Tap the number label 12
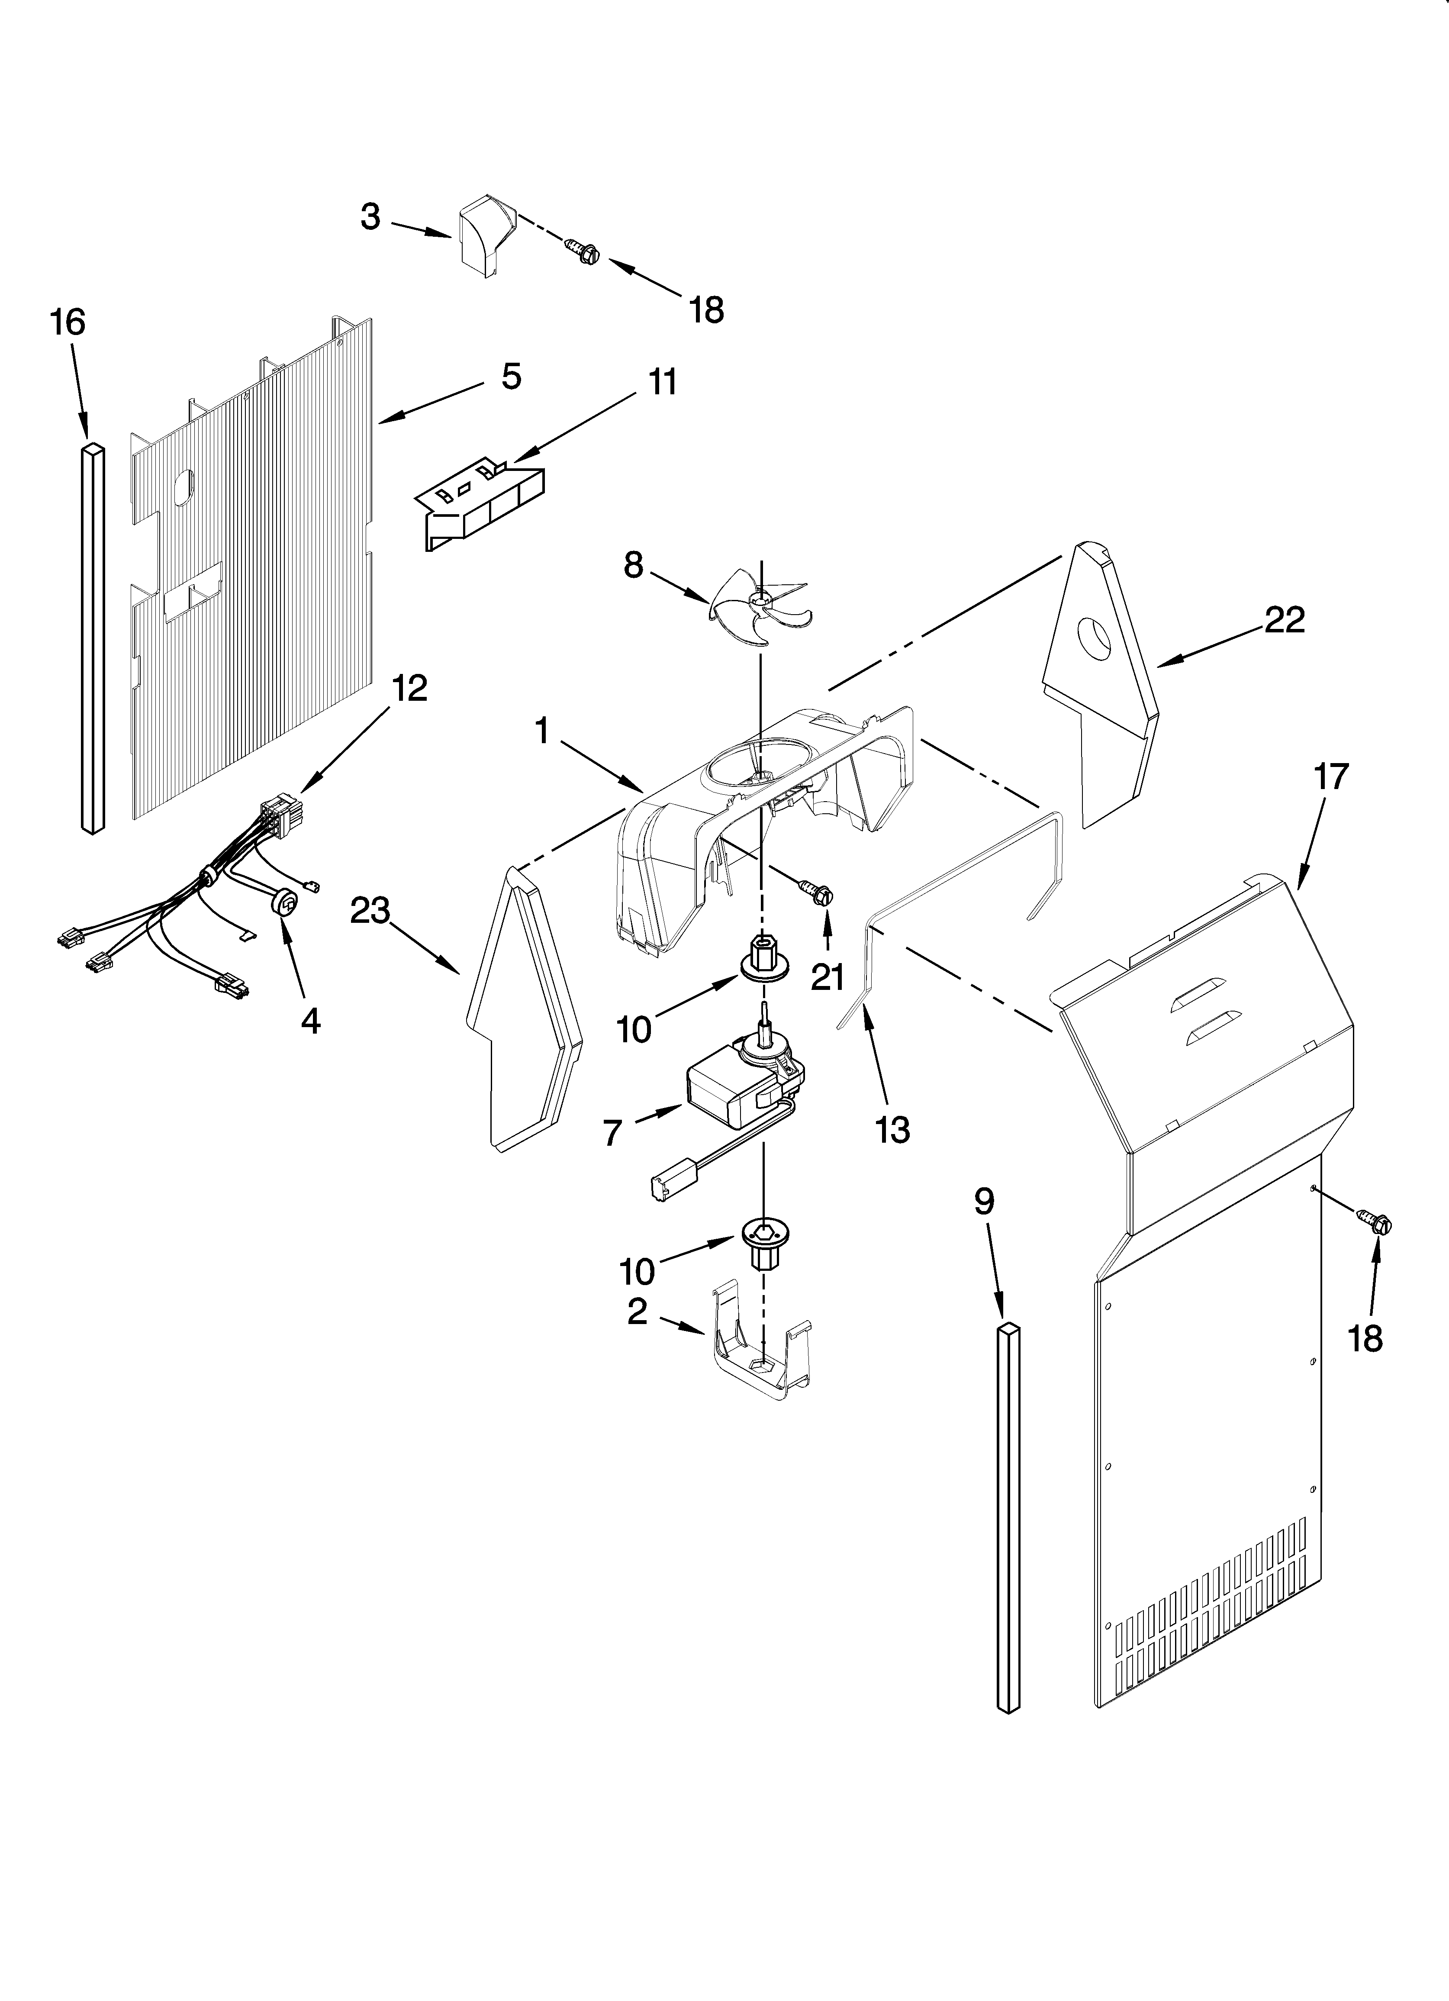(x=409, y=688)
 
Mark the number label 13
(x=892, y=1129)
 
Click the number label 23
(x=370, y=912)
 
